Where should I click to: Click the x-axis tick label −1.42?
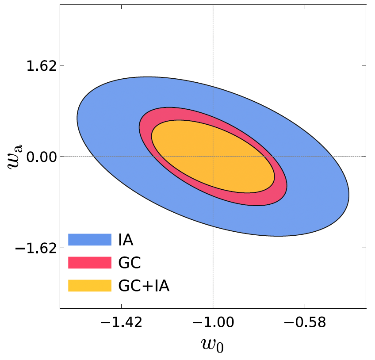click(121, 323)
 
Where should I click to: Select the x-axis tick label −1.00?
click(213, 323)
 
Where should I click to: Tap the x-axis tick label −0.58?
click(305, 323)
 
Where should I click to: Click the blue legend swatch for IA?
click(89, 239)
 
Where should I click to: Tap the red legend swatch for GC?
click(89, 262)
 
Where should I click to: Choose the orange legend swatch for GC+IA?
click(89, 285)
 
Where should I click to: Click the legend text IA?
click(126, 239)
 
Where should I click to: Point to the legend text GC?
click(129, 263)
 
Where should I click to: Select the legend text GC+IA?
click(144, 286)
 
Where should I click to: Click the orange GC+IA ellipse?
click(213, 157)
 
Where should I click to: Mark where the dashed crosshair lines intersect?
click(213, 157)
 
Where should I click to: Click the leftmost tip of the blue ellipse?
click(77, 119)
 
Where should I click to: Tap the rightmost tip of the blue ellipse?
click(349, 194)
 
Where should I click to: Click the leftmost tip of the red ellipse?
click(139, 128)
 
